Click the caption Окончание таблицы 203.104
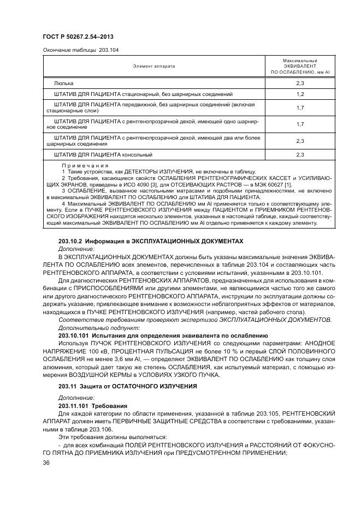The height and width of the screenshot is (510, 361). [80, 50]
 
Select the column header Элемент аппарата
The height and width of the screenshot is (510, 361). [153, 66]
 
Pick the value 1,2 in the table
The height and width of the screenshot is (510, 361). [300, 94]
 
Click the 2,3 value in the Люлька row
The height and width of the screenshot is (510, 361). [300, 83]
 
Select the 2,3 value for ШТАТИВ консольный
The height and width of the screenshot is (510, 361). [300, 155]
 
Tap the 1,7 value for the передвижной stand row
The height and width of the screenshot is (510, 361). [300, 107]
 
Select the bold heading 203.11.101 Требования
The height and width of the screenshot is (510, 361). [93, 406]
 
